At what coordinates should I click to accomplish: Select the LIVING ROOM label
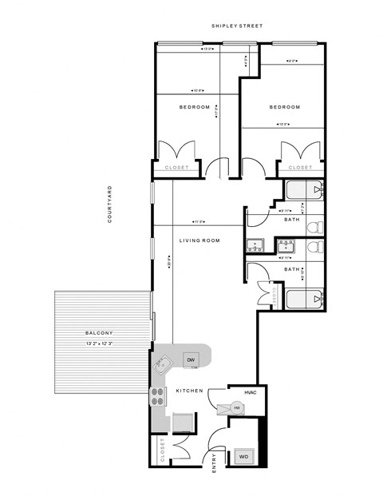199,240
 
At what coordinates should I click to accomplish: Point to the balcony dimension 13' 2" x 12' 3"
101,343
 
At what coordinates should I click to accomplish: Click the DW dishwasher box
191,361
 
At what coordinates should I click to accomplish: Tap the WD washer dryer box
243,458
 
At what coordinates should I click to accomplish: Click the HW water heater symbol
237,407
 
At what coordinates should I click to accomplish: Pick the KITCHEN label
187,391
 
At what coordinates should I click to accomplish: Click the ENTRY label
214,464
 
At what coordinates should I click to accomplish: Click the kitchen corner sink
161,363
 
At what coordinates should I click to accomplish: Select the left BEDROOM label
194,107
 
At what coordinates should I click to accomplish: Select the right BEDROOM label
284,107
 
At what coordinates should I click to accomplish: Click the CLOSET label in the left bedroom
176,168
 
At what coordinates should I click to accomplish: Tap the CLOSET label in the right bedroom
300,168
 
